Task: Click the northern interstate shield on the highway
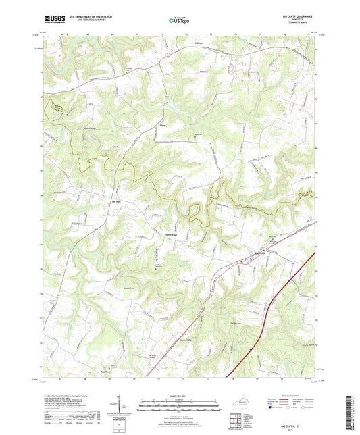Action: click(287, 278)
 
